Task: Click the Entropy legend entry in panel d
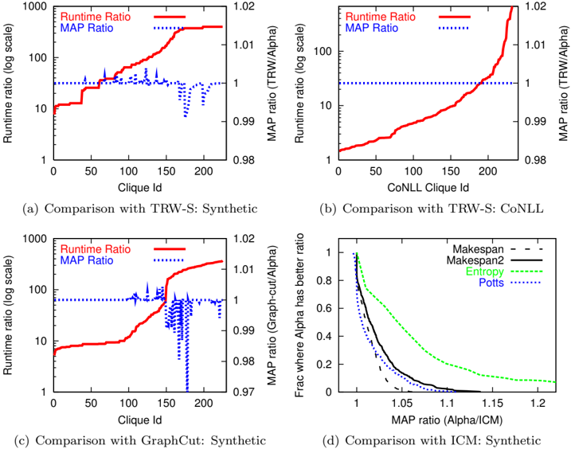coord(485,271)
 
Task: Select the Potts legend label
coord(491,283)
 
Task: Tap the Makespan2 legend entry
coord(475,260)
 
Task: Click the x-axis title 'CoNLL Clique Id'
coord(428,188)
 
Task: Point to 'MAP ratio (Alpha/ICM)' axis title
coord(447,420)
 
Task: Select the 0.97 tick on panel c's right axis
coord(244,392)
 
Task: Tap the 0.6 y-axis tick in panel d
coord(324,308)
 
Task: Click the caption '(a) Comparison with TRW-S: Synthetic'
coord(140,209)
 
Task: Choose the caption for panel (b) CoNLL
coord(432,209)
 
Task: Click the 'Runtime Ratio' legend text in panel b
coord(380,17)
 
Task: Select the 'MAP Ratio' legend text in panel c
coord(87,260)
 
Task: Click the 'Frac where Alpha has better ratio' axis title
coord(299,315)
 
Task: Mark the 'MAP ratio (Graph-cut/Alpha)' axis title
coord(272,315)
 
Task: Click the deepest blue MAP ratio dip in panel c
coord(187,389)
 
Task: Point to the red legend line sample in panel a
coord(170,17)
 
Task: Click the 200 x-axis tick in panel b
coord(488,171)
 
